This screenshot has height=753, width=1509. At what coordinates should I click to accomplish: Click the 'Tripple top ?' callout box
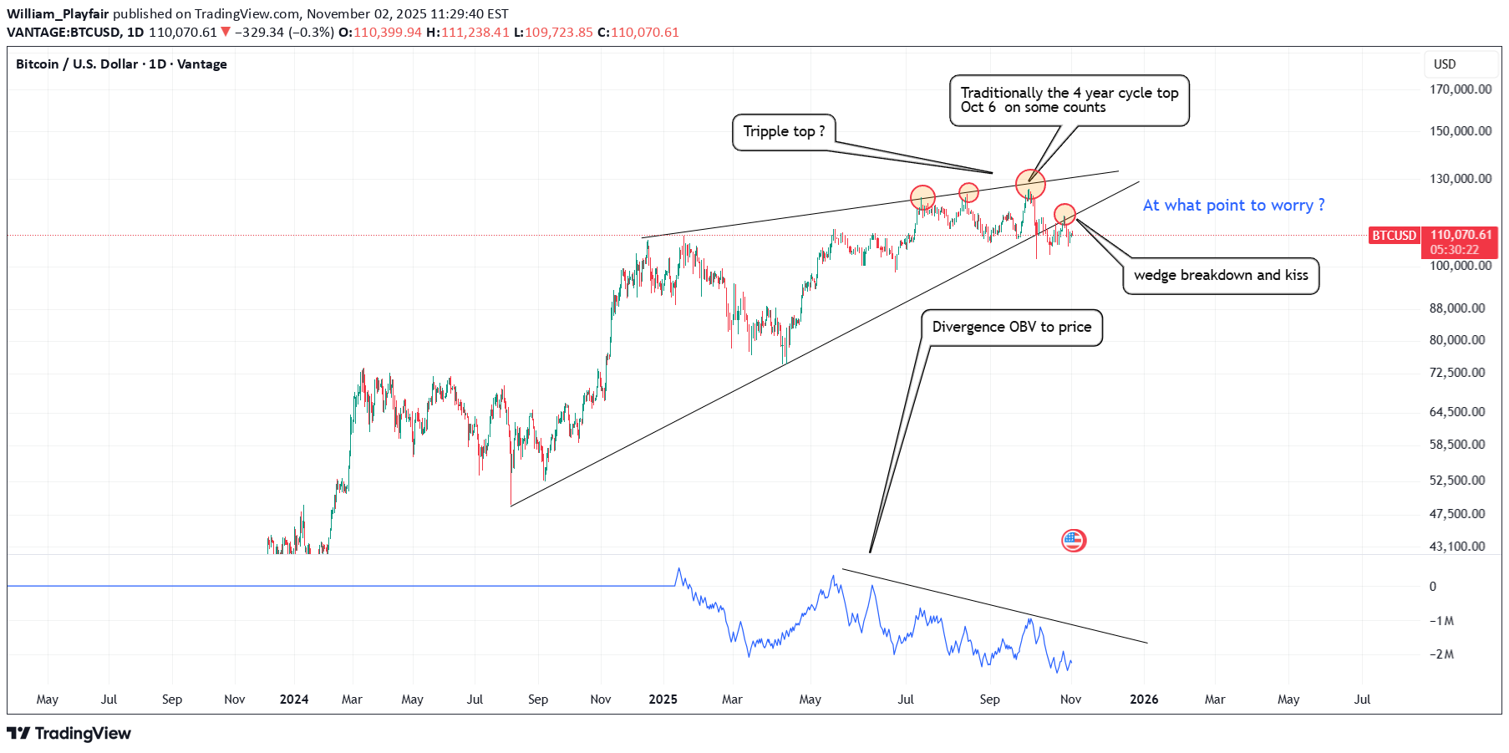coord(784,132)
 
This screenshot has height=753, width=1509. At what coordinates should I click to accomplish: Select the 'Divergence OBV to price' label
coord(1011,328)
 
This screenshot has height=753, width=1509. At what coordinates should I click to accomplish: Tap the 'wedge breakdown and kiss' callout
coord(1221,276)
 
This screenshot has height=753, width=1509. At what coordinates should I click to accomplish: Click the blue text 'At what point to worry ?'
coord(1233,206)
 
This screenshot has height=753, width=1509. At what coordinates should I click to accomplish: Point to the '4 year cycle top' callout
coord(1069,100)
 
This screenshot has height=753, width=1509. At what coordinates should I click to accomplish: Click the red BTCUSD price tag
coord(1394,236)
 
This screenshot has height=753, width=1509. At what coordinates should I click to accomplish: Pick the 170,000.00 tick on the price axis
coord(1460,89)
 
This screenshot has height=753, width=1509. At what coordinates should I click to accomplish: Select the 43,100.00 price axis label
coord(1456,547)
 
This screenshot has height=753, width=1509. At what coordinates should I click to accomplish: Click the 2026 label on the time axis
coord(1144,700)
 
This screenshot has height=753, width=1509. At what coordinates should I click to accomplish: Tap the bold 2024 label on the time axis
coord(294,700)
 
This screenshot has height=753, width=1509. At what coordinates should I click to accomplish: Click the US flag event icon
coord(1074,541)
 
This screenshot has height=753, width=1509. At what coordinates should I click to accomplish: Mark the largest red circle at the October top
coord(1030,183)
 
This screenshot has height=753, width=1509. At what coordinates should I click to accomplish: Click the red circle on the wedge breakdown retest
coord(1064,215)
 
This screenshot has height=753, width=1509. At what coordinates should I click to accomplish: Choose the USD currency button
coord(1445,64)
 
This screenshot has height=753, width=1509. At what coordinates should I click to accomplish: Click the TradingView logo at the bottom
coord(69,734)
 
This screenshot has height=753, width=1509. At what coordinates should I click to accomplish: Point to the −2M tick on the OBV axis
coord(1441,654)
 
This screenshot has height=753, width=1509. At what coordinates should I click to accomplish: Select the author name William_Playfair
coord(58,14)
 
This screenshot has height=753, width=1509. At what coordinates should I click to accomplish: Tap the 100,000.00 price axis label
coord(1460,266)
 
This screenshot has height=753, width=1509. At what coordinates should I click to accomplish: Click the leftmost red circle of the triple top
coord(922,197)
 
